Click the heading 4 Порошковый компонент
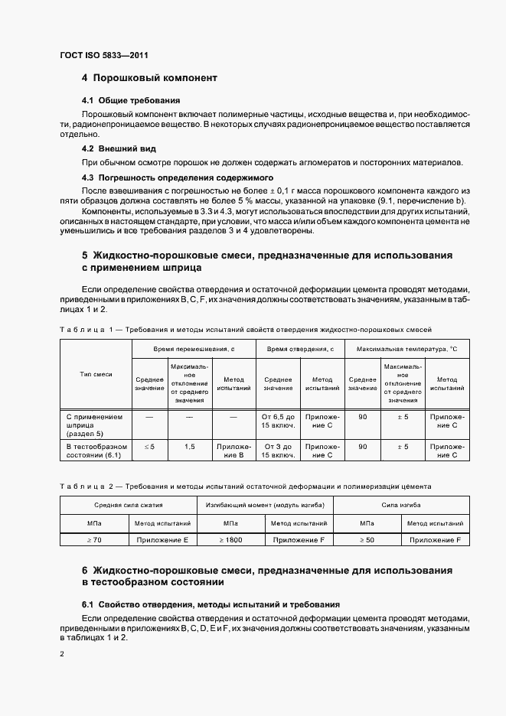coord(149,78)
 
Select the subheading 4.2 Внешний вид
coord(119,148)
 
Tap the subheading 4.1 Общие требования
coord(131,100)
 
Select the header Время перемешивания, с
coord(194,348)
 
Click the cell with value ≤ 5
coord(149,446)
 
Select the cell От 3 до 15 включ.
coord(279,451)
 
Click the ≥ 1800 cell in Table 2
coord(230,540)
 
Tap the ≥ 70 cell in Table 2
coord(93,540)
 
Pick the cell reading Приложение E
coord(162,540)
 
